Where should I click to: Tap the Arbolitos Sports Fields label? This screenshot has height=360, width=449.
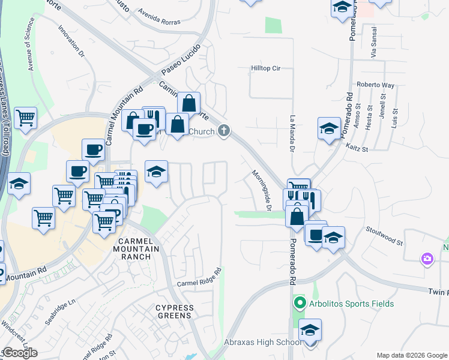pos(352,304)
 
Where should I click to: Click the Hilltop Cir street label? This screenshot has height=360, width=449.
pos(265,68)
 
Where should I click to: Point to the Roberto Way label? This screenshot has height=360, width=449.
pos(375,85)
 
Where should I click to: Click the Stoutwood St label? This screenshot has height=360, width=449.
pos(384,235)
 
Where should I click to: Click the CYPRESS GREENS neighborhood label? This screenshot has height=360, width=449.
pos(175,311)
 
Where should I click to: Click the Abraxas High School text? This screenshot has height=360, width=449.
pos(263,343)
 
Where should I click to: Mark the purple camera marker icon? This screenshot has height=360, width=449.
pos(427,258)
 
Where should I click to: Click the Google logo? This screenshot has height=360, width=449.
pos(19,353)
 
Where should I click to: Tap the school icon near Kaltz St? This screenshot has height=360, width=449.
pos(329,128)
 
